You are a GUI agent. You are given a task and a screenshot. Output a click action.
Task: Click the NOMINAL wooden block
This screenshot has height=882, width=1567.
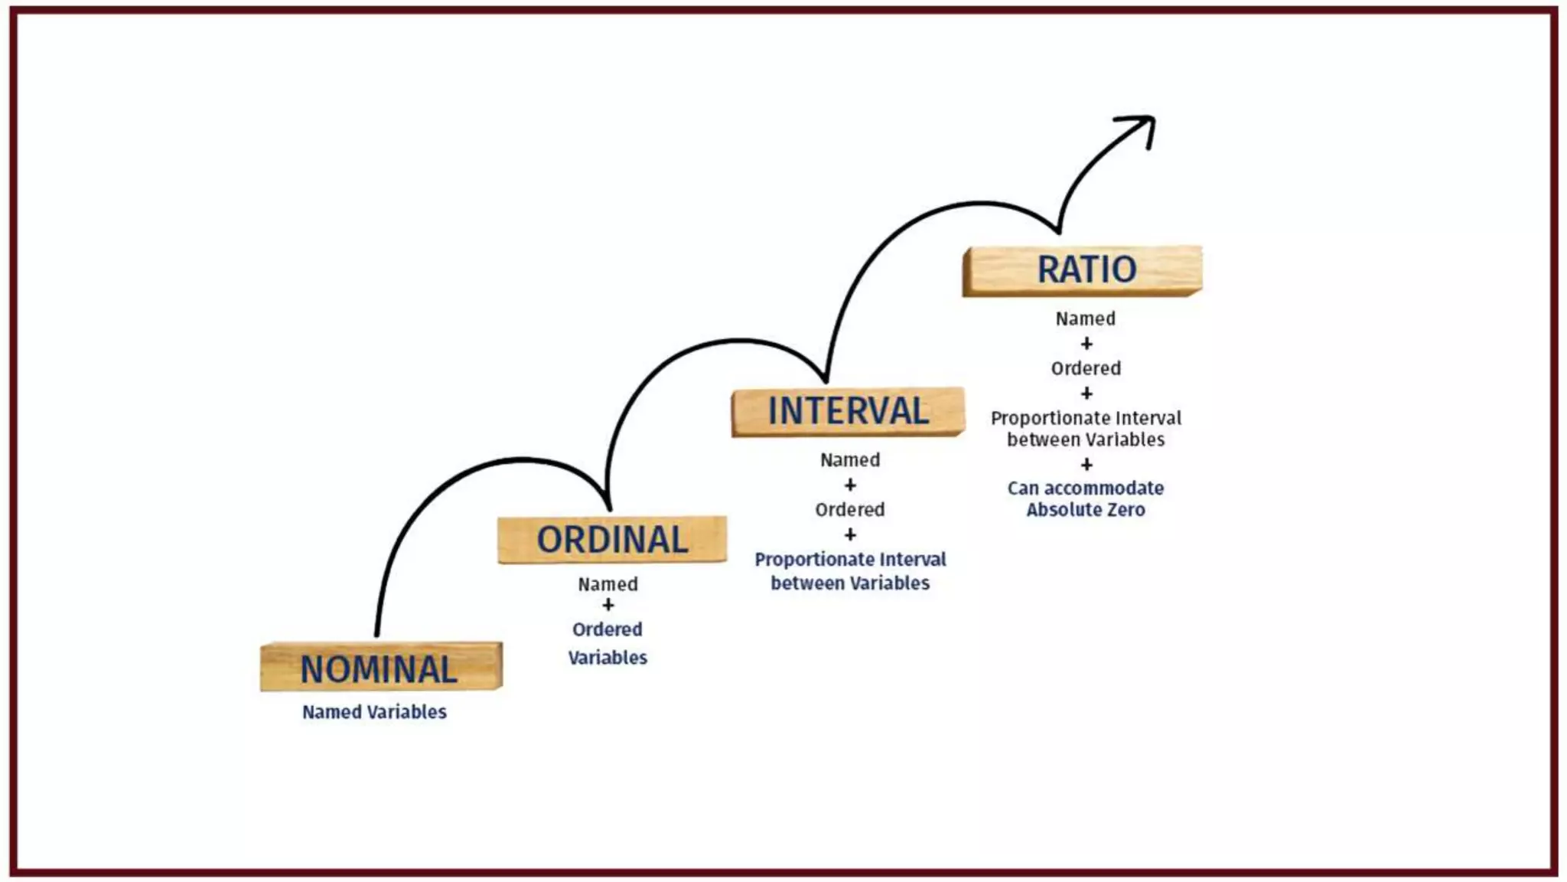click(381, 667)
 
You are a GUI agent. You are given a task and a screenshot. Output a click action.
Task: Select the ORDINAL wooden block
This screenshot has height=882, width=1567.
click(611, 540)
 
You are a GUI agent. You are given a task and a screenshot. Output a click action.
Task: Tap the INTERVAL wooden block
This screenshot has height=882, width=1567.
click(848, 411)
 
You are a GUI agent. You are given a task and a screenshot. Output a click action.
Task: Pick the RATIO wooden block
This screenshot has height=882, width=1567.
click(1083, 270)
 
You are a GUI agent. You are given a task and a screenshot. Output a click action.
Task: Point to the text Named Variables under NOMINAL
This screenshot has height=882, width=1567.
click(374, 712)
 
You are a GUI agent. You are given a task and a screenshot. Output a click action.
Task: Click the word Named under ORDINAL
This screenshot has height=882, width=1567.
click(608, 584)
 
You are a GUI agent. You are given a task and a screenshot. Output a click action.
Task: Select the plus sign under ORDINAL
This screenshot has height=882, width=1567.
click(608, 606)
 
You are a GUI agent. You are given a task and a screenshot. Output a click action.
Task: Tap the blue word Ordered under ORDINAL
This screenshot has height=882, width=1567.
click(608, 629)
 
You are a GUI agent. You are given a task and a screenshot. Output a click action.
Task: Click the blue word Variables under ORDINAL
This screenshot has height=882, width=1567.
click(608, 658)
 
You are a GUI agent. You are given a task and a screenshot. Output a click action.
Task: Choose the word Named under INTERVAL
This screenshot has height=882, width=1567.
click(850, 460)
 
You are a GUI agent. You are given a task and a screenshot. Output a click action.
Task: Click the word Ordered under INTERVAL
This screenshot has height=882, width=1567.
click(850, 510)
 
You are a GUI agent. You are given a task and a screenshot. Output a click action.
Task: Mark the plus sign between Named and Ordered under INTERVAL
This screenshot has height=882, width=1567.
click(850, 485)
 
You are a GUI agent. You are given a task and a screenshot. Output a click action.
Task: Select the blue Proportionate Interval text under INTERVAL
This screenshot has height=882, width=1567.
click(850, 560)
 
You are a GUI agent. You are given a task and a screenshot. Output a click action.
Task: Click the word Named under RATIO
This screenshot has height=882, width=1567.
click(1086, 318)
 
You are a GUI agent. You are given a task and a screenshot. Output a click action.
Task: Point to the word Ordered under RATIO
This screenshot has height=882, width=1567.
click(1086, 368)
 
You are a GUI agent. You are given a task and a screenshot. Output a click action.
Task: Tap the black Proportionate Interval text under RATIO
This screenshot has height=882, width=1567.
click(1086, 418)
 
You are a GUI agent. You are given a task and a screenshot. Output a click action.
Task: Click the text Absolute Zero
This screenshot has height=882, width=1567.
click(1086, 510)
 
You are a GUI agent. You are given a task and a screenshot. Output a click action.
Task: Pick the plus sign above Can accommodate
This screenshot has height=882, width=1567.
click(1086, 465)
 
